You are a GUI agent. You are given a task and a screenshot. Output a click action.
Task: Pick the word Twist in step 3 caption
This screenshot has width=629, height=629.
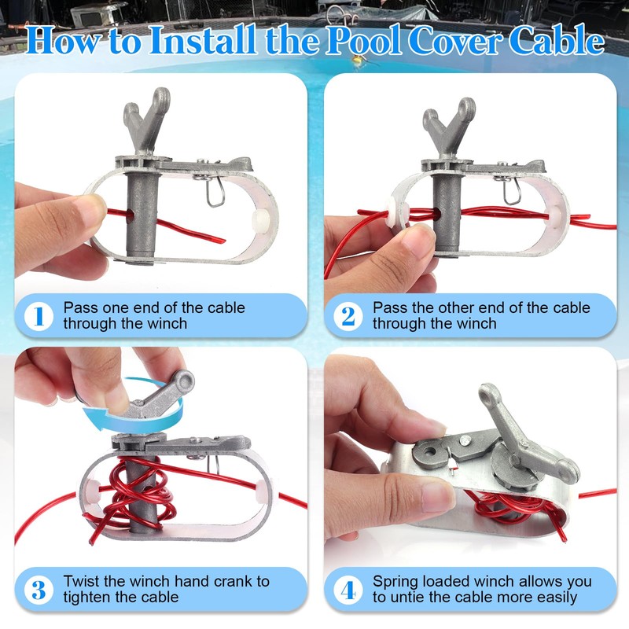tap(81, 582)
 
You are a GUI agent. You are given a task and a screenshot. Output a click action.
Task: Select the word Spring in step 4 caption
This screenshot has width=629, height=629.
tap(397, 582)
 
